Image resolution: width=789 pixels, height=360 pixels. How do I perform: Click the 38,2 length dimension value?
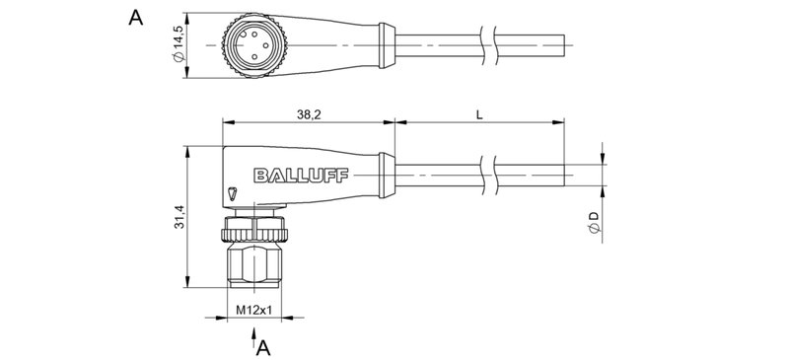click(x=308, y=114)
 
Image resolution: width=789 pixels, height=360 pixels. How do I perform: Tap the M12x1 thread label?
click(x=254, y=310)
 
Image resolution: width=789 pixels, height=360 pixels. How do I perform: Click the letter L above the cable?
click(x=478, y=114)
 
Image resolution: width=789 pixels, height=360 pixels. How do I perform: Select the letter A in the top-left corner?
click(x=136, y=18)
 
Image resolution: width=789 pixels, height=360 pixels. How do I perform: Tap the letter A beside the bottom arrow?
click(x=263, y=346)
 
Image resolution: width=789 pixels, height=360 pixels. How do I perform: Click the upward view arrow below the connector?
click(x=248, y=341)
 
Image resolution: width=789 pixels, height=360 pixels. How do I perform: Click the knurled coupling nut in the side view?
click(x=254, y=229)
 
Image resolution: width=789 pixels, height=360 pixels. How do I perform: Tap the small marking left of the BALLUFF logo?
click(x=231, y=192)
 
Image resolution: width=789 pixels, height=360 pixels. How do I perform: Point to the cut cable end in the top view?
click(x=563, y=46)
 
